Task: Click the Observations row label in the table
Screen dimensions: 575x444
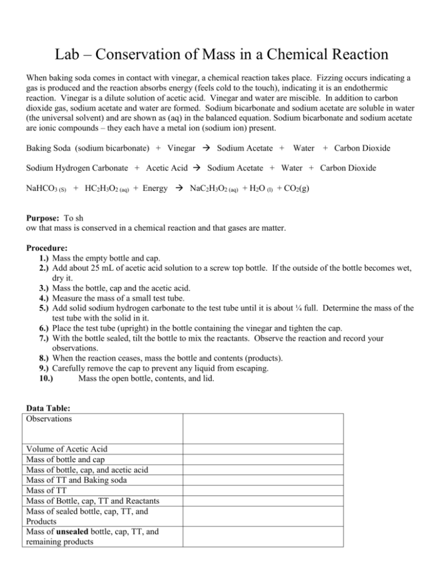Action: pos(49,419)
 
